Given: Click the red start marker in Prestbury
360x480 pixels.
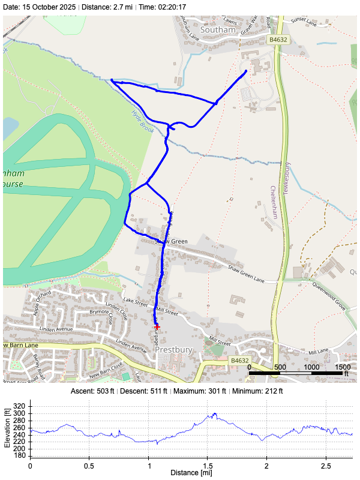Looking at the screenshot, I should [x=157, y=327].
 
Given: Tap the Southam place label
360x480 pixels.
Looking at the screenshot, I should [x=216, y=29].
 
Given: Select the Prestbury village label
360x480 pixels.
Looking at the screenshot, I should [x=173, y=349].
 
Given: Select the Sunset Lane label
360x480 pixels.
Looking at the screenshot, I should [x=303, y=23].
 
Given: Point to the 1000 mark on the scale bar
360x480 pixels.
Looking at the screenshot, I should [x=311, y=367].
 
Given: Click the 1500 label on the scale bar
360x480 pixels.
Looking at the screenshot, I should [x=343, y=367].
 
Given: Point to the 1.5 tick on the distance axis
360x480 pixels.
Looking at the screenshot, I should [x=207, y=465].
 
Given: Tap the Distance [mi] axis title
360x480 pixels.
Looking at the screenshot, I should [x=191, y=473].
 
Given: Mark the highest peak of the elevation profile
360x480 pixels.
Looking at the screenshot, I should [x=214, y=413].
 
